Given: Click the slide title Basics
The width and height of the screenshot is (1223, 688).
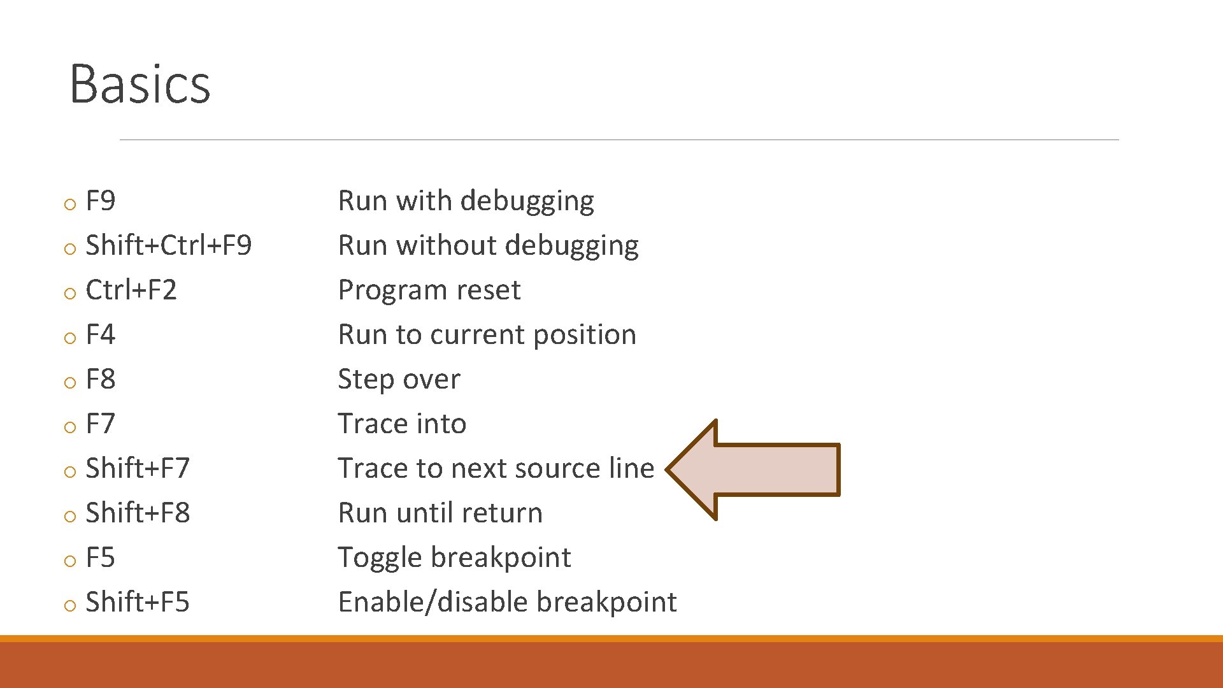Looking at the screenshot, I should tap(139, 83).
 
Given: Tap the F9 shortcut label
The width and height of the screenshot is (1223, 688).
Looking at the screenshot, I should tap(101, 201).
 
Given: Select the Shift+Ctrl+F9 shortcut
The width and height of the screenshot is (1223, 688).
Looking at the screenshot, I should tap(168, 246).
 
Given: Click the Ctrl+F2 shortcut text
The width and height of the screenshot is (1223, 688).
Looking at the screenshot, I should tap(131, 290).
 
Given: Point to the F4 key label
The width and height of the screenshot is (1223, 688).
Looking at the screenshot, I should tap(101, 335).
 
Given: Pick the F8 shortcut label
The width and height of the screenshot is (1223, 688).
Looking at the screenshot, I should tap(101, 380).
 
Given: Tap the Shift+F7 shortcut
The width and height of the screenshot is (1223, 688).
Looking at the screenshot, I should tap(138, 469).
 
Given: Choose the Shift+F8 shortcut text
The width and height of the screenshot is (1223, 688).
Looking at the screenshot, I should tap(138, 513).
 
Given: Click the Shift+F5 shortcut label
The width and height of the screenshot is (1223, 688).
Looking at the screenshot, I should tap(138, 603).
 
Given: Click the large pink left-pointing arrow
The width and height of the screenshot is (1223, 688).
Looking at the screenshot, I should tap(758, 469).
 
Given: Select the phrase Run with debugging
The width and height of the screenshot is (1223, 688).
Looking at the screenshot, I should tap(466, 201).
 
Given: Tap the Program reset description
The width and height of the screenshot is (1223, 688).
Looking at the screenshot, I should tap(429, 290).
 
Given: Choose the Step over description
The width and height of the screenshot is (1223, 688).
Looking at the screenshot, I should tap(399, 380).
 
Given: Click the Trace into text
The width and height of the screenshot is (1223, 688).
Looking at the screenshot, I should tap(402, 424).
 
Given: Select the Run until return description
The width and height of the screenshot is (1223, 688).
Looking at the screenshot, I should tap(440, 513).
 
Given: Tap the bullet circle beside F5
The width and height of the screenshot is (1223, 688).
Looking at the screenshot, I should tap(70, 561).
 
